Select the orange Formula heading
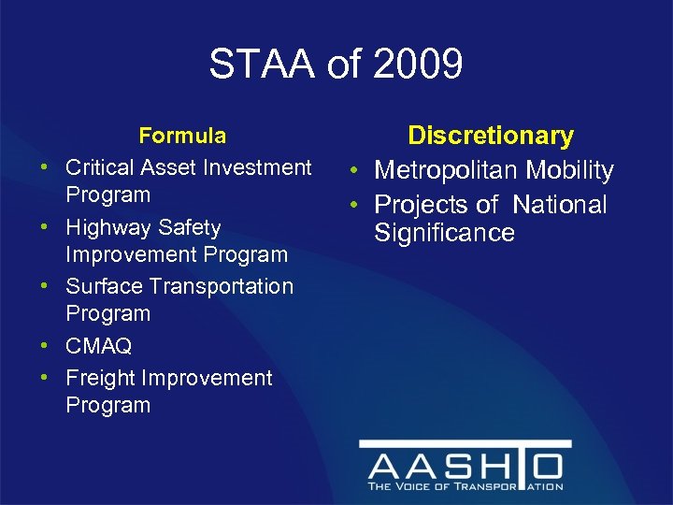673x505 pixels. click(x=182, y=136)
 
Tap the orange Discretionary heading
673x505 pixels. click(x=491, y=136)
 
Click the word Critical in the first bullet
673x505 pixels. click(x=98, y=167)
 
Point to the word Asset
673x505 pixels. click(x=165, y=167)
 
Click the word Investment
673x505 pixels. click(x=255, y=167)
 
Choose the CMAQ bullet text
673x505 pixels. click(x=98, y=346)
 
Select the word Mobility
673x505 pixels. click(x=570, y=170)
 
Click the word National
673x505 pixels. click(x=559, y=205)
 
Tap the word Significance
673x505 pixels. click(x=445, y=232)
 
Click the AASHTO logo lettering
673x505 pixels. click(x=465, y=466)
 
